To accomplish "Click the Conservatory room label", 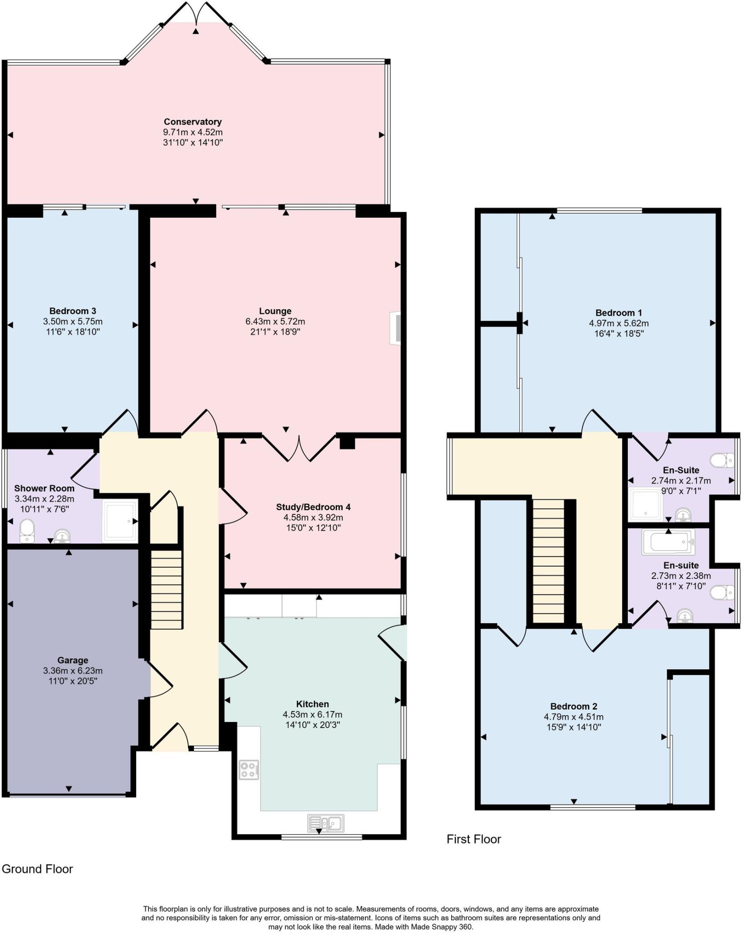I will click(x=193, y=122).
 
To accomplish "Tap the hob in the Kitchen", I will click(x=249, y=769).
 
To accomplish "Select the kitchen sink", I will click(x=325, y=823).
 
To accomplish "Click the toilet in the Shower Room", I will click(x=27, y=531).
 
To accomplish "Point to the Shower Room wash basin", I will click(x=62, y=536).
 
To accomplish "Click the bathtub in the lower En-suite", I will click(x=668, y=542).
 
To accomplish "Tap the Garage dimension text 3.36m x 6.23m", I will click(x=73, y=671).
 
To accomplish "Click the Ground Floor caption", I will click(x=37, y=869).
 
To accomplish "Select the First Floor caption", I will click(x=473, y=839).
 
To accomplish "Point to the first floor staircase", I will click(x=549, y=561).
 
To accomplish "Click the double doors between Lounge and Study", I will click(x=299, y=449).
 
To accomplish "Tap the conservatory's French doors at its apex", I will click(x=196, y=14).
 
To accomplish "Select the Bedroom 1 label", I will click(x=619, y=313).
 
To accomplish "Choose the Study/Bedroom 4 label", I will click(x=313, y=507).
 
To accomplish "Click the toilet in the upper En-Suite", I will click(x=722, y=460).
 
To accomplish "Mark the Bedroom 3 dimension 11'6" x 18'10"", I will click(x=73, y=332).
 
